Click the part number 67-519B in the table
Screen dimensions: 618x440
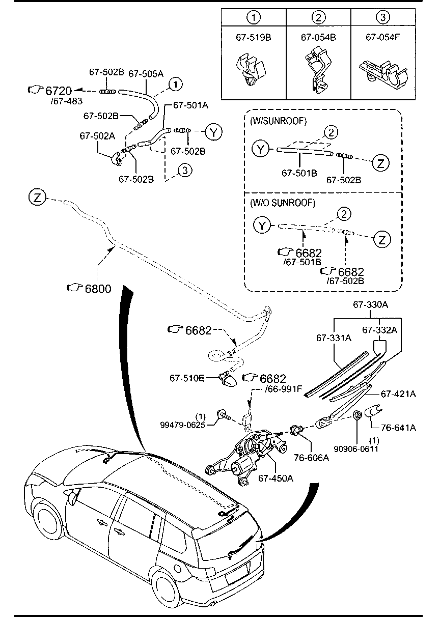point(253,37)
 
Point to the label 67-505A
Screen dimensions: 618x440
point(146,74)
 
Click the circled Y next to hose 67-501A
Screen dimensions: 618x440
point(214,132)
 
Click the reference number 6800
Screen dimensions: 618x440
point(98,288)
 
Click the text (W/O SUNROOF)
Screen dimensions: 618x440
point(283,203)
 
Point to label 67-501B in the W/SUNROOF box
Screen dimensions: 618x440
point(299,174)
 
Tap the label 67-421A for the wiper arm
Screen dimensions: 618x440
point(398,394)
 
